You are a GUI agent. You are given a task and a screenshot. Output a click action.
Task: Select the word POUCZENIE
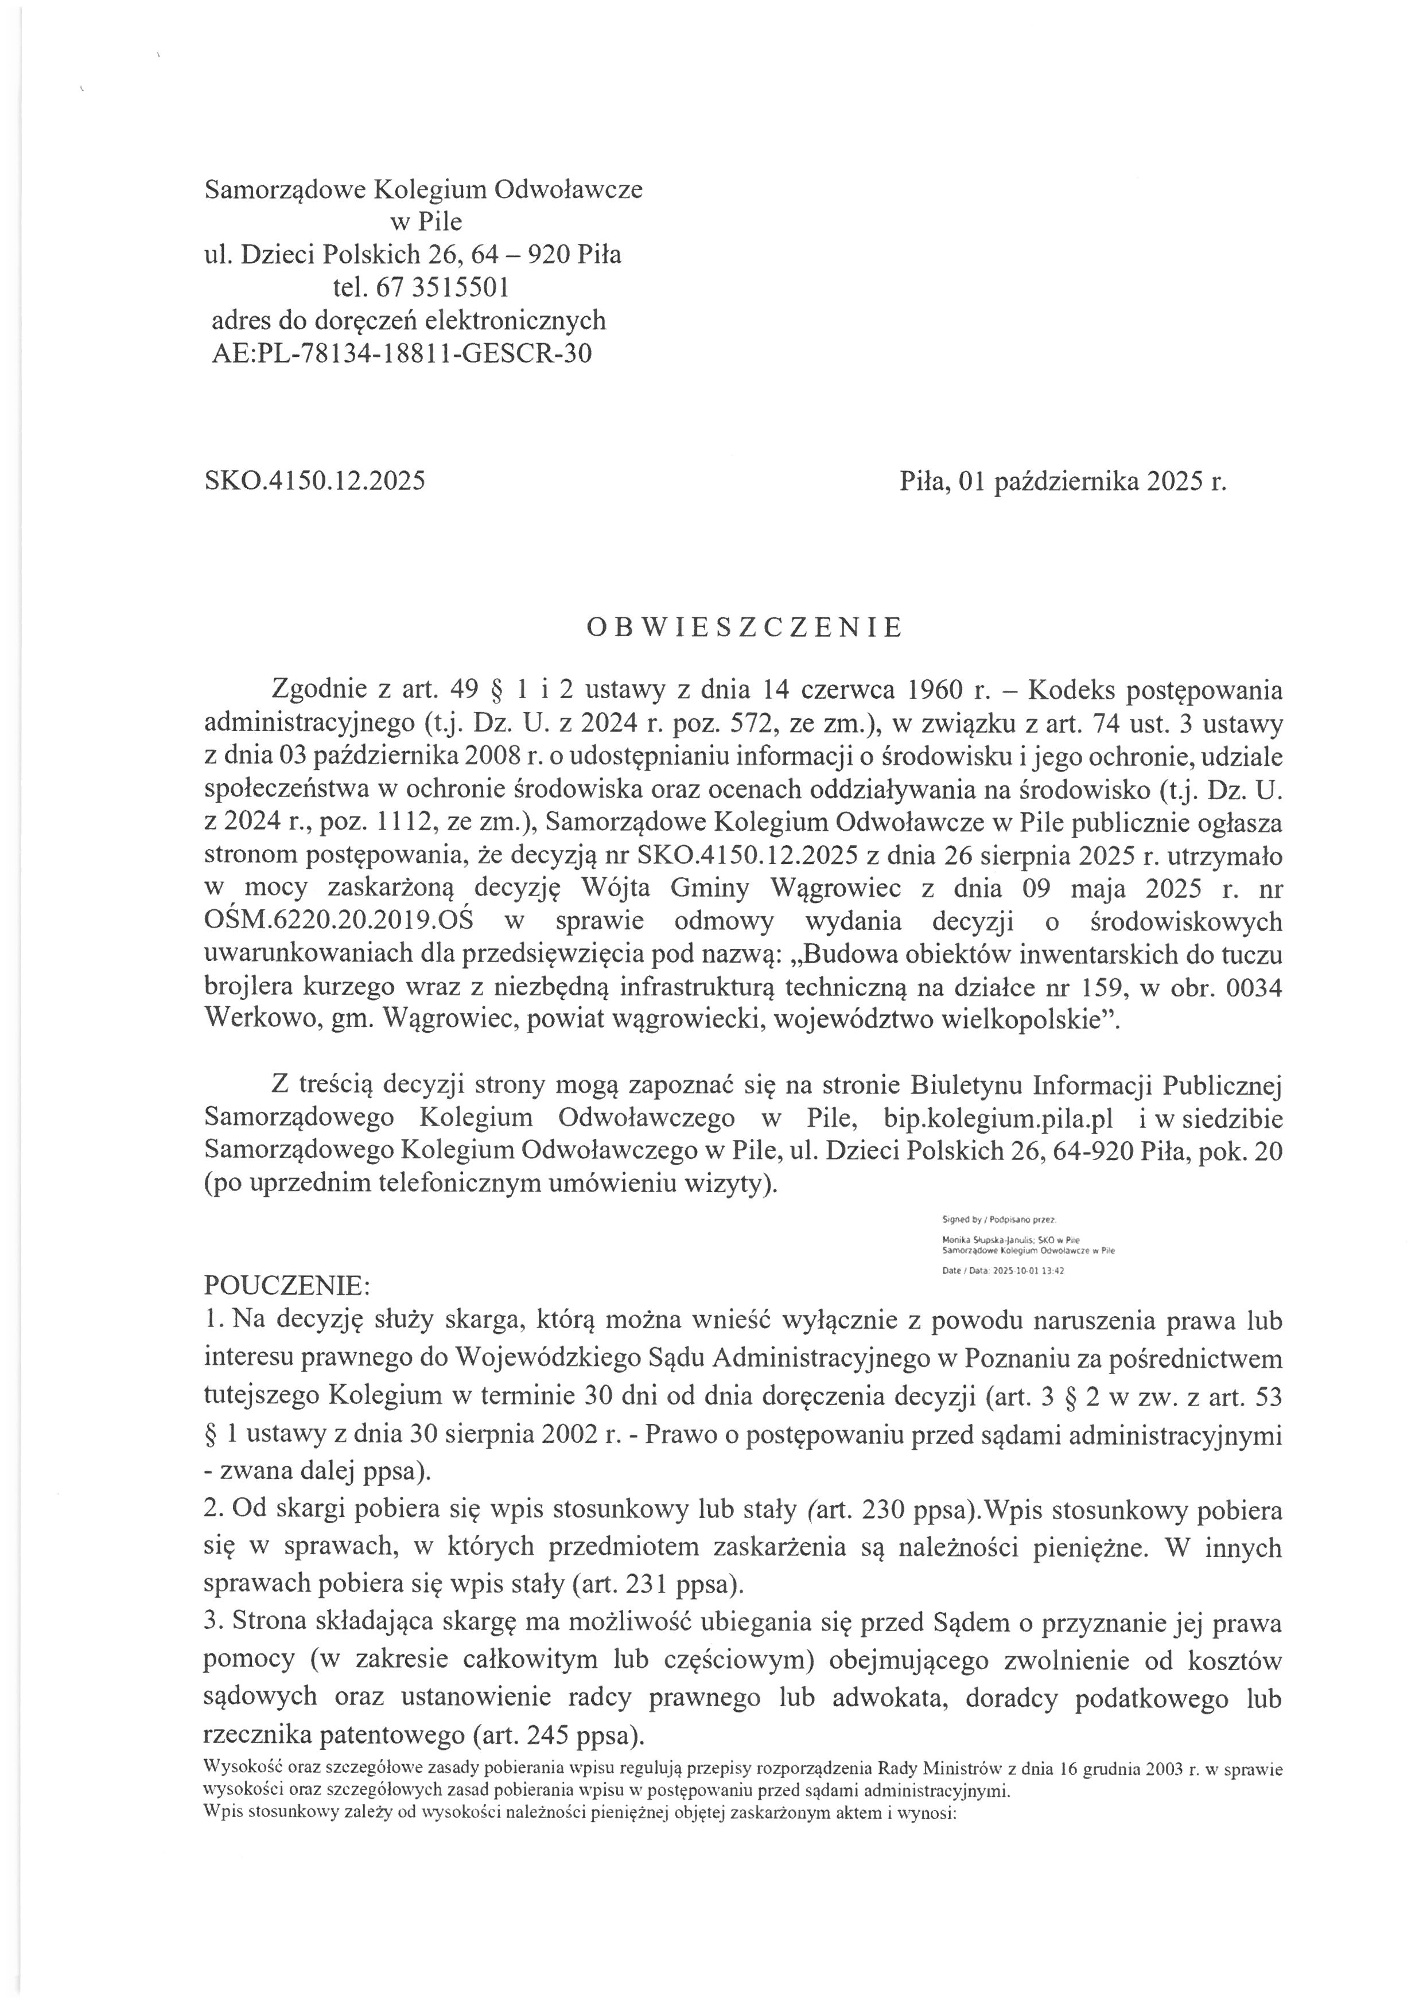pyautogui.click(x=286, y=1286)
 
